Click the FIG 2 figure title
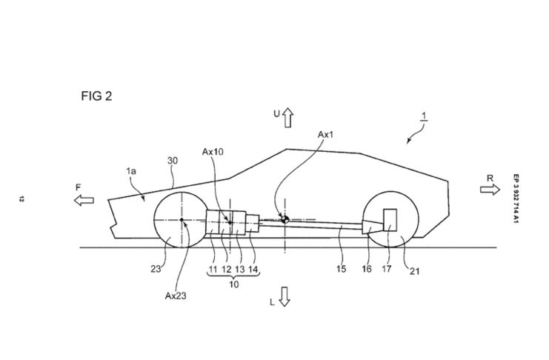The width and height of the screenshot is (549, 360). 96,96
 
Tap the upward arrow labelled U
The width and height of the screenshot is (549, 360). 287,118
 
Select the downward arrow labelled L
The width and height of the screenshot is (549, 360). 285,297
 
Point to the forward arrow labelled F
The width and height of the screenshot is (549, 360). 84,200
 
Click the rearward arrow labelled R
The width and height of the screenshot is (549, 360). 490,190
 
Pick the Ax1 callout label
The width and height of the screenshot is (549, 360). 325,135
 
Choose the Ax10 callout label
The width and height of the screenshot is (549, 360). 213,152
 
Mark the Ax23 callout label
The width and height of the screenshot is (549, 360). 176,296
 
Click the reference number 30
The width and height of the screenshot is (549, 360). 173,161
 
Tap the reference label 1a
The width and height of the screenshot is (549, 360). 131,171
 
